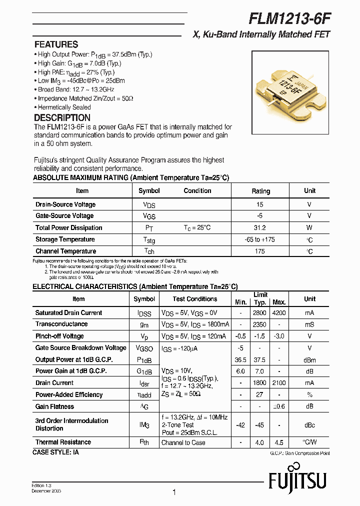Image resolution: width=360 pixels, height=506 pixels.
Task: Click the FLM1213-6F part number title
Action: (289, 18)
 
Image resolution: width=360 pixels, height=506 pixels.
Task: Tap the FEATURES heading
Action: (56, 44)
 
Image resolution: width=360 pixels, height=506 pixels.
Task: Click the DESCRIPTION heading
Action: (62, 118)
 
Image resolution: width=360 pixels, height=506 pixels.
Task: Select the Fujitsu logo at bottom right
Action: (297, 481)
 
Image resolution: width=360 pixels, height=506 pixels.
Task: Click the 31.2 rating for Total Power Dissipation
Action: (260, 227)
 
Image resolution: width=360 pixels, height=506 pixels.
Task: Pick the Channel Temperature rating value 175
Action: (260, 251)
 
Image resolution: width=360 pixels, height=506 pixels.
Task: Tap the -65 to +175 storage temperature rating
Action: (260, 239)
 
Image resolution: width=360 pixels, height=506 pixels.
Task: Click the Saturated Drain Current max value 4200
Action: (279, 313)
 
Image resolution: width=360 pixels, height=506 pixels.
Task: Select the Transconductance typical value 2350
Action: (260, 324)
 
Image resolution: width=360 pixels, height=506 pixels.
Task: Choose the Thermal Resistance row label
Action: (63, 442)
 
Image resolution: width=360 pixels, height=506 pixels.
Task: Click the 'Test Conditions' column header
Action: (195, 299)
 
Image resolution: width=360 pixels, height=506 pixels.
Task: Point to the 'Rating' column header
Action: (260, 191)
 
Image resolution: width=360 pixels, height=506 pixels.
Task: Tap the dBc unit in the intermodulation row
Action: (309, 424)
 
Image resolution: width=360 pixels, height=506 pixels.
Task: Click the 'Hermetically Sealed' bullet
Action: (64, 107)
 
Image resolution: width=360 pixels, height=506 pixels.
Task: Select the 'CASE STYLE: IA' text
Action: (55, 452)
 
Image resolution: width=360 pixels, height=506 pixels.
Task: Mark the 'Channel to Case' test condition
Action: (183, 442)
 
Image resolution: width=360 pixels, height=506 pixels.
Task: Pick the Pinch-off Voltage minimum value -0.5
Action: (241, 336)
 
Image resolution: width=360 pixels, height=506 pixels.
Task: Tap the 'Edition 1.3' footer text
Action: (42, 485)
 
